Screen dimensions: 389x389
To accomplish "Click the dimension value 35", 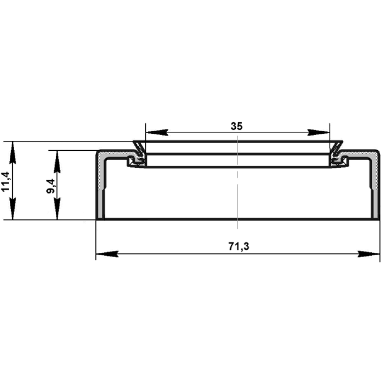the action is [236, 126].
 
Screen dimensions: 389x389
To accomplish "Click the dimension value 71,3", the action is [239, 247].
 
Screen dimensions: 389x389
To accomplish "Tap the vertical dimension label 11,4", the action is [6, 181].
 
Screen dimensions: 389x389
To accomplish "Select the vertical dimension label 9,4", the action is [51, 186].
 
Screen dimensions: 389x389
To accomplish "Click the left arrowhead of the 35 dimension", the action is [157, 132].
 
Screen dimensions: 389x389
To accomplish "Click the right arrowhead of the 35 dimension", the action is [318, 132].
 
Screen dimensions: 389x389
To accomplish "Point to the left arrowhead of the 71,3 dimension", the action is [107, 254].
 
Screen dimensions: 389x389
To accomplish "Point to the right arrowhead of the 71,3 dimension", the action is [369, 254].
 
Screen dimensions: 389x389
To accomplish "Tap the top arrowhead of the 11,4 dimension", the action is [13, 153].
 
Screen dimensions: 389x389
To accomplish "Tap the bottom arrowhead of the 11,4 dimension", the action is [13, 209].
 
